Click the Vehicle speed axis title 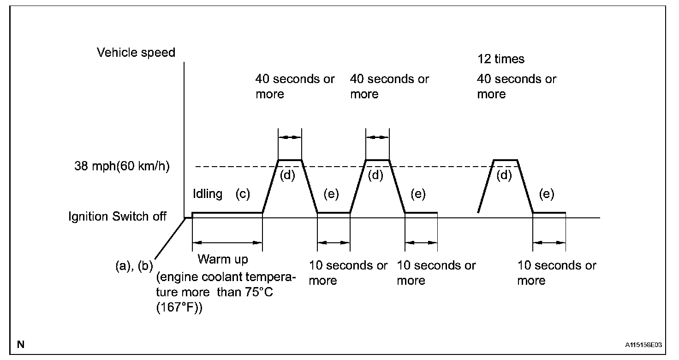[x=136, y=53]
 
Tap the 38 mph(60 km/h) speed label [x=122, y=166]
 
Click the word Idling [x=208, y=194]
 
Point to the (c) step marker [x=242, y=194]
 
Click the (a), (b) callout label [x=134, y=266]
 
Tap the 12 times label [x=500, y=59]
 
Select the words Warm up [x=222, y=259]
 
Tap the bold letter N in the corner [x=20, y=344]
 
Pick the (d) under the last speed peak [x=505, y=175]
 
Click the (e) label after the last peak [x=547, y=194]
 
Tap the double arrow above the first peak [x=290, y=137]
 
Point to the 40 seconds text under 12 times [x=516, y=86]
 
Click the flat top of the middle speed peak [x=377, y=160]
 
